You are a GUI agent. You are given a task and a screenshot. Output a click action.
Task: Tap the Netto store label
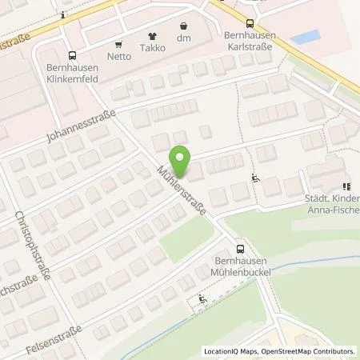pos(120,58)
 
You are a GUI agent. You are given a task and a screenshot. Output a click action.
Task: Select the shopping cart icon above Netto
pos(120,45)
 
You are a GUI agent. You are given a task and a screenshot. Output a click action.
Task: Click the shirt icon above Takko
pos(152,37)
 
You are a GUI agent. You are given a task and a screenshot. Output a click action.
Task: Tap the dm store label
pos(184,38)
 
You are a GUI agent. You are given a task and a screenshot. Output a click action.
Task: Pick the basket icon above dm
pos(184,26)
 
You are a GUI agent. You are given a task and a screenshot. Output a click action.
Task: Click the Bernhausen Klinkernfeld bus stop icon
pos(73,55)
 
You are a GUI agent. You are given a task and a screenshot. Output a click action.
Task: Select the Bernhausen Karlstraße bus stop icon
pos(250,23)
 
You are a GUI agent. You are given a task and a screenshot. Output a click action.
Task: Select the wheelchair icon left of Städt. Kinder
pos(255,178)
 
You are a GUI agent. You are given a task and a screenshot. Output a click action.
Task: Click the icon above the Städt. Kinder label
pos(346,186)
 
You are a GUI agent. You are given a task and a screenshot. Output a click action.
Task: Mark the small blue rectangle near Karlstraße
pos(305,38)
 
